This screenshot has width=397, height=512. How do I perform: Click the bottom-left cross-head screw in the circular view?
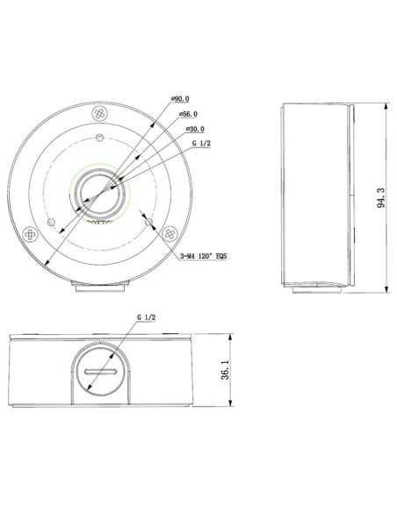pos(33,235)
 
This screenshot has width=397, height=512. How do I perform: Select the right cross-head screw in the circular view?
pos(167,233)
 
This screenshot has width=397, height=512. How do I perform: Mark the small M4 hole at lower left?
pos(54,218)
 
